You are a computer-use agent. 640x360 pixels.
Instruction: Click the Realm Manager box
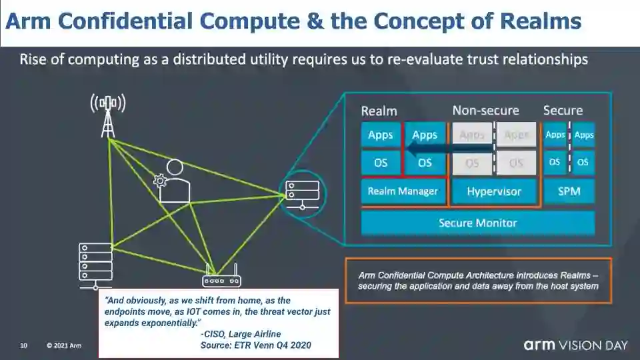tap(403, 191)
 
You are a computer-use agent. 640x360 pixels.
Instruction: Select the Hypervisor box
tap(493, 192)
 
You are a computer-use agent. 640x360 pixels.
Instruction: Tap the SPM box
tap(569, 192)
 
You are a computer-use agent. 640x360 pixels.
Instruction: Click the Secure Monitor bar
tap(477, 223)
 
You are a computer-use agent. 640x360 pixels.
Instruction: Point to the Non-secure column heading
tap(485, 111)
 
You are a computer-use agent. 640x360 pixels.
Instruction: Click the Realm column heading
tap(379, 111)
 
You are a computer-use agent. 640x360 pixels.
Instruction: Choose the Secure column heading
tap(563, 111)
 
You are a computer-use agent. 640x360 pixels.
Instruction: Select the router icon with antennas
tap(222, 279)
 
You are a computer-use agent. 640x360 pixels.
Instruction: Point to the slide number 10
tap(23, 345)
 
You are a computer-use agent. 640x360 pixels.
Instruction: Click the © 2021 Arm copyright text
tap(64, 345)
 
